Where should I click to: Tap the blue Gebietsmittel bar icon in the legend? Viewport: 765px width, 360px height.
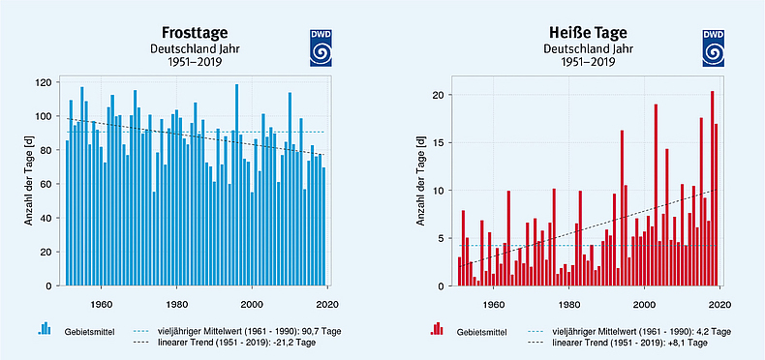(x=44, y=330)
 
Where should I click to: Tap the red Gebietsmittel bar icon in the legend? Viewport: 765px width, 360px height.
(x=437, y=330)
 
